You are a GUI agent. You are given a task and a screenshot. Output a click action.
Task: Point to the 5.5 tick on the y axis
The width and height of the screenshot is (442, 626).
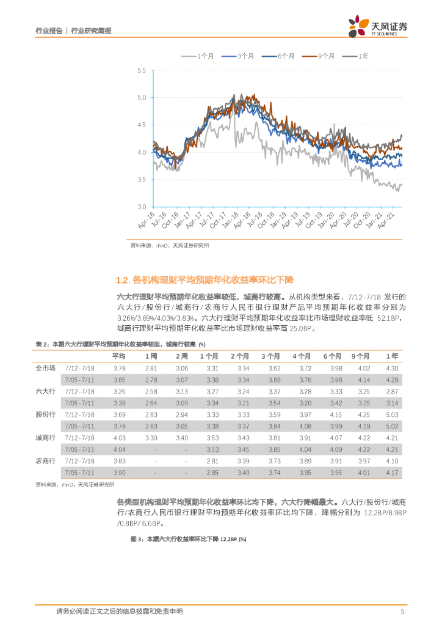click(x=142, y=71)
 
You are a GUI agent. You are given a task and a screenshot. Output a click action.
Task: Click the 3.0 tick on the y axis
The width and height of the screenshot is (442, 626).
click(x=142, y=207)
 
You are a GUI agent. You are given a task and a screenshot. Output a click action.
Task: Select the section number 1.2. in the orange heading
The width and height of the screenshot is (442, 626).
click(x=123, y=280)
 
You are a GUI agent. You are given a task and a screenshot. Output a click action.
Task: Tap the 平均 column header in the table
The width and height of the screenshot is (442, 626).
click(x=120, y=356)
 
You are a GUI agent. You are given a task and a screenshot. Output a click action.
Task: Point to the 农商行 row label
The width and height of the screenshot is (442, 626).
click(x=46, y=461)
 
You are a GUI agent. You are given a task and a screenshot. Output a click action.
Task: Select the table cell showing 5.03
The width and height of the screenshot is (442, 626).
click(x=392, y=414)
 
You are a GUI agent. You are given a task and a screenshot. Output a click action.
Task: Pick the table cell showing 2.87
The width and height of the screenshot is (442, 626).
click(x=392, y=391)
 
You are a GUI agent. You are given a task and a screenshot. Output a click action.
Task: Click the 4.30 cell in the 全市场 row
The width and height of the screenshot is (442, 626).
click(x=392, y=368)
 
